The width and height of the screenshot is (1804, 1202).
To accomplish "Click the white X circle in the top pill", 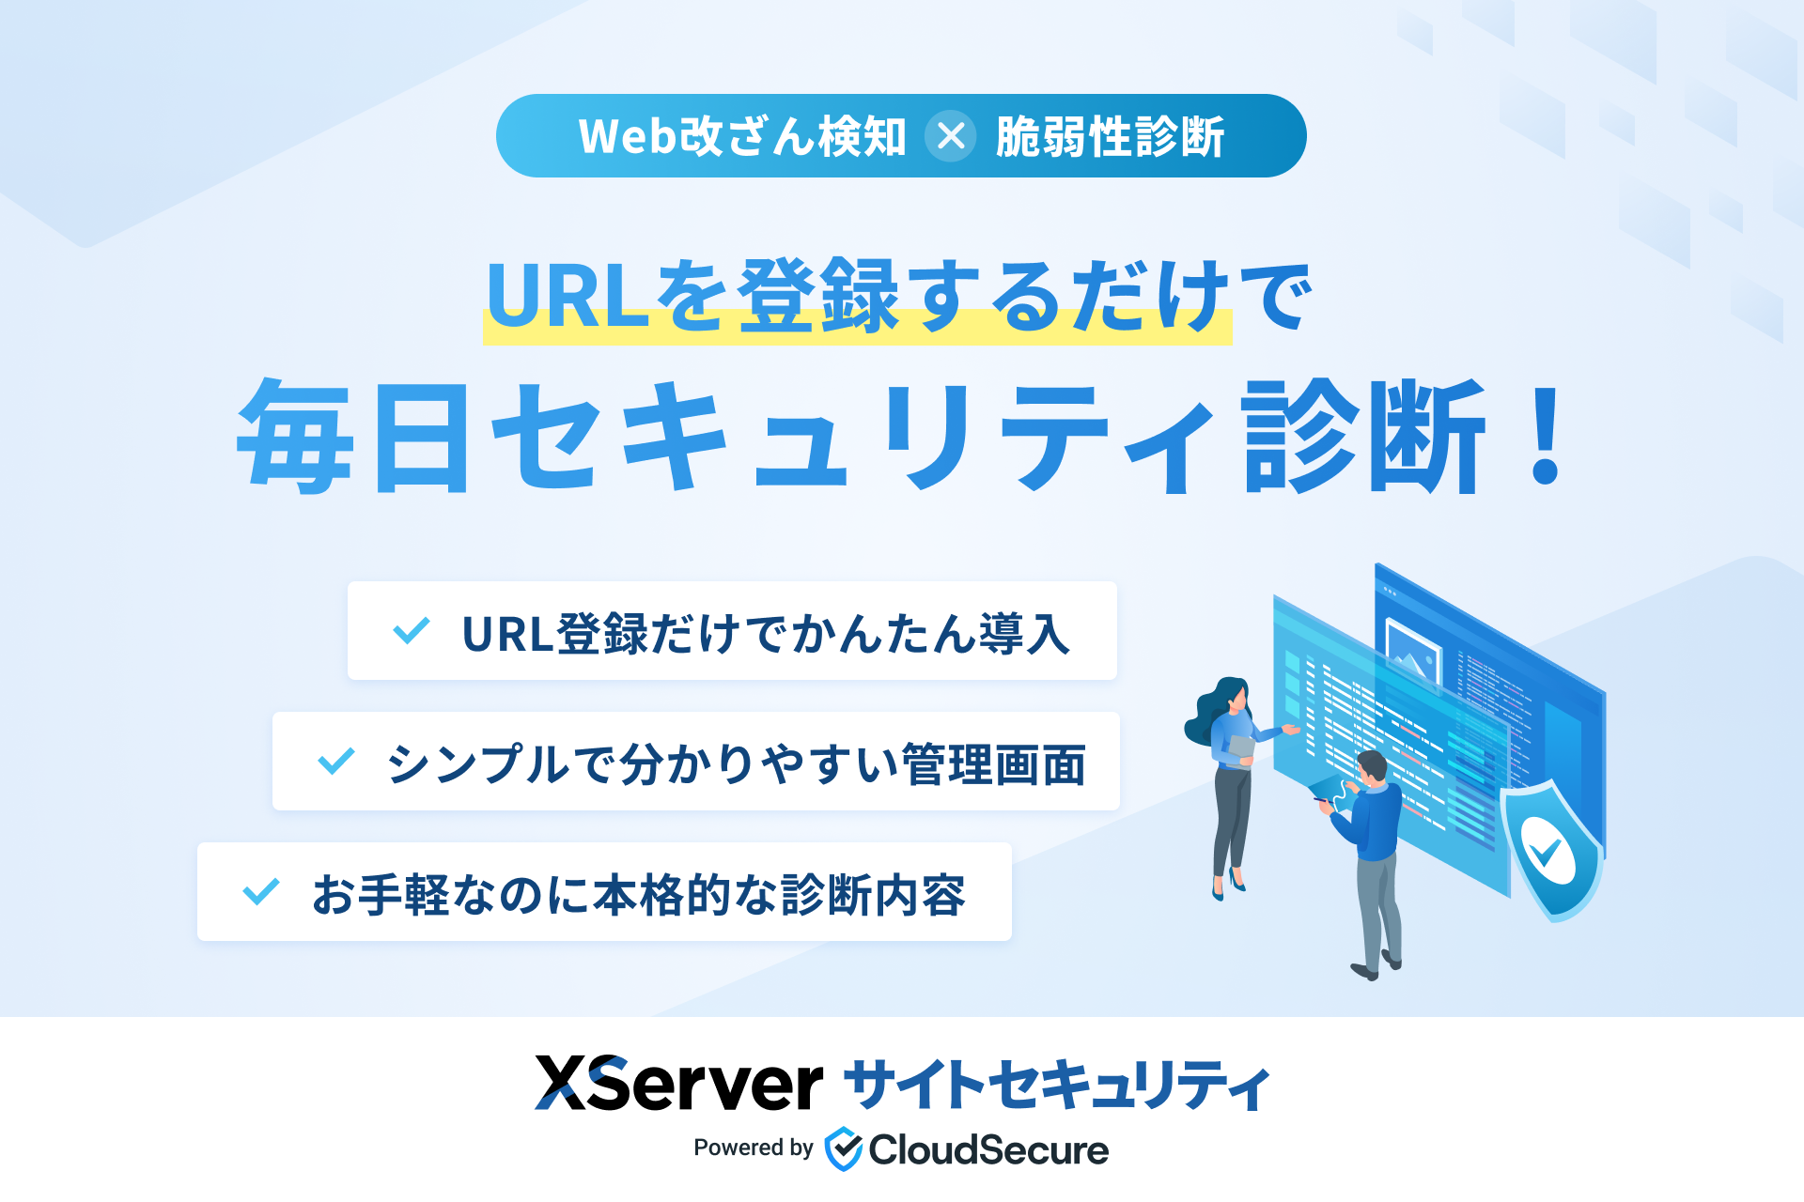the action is tap(950, 136).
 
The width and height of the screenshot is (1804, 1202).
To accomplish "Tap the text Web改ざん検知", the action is tap(742, 136).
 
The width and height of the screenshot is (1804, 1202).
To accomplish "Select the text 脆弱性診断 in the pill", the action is tap(1110, 136).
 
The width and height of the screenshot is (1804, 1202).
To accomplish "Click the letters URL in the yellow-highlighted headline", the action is tap(568, 295).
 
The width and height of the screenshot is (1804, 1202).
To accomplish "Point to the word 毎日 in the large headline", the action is tap(353, 437).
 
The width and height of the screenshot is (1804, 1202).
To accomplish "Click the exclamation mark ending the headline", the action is tap(1545, 437).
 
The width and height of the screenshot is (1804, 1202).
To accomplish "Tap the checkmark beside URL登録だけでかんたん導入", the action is tap(412, 630).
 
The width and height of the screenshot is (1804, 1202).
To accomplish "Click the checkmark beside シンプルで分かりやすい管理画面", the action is tap(336, 761).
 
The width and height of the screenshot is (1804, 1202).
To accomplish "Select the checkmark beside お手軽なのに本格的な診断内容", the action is tap(261, 891).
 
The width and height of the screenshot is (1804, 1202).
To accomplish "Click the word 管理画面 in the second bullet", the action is tap(993, 763).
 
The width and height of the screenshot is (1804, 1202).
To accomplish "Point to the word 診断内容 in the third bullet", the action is tap(873, 894).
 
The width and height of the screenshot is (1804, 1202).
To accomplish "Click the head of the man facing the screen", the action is tap(1372, 768).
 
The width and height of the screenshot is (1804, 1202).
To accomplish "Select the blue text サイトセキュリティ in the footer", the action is tap(1057, 1085).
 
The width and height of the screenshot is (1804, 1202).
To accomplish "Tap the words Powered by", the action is tap(754, 1148).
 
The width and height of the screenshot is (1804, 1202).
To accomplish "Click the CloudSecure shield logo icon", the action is tap(843, 1148).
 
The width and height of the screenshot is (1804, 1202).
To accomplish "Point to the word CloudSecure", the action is tap(988, 1149).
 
